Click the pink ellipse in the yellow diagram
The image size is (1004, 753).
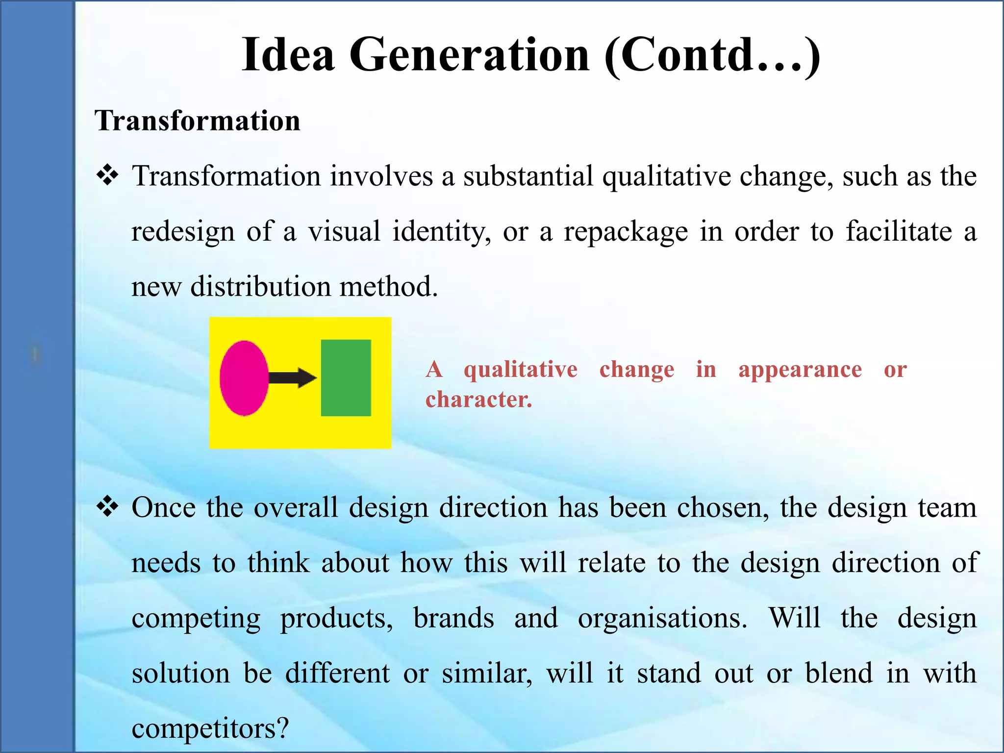coord(244,378)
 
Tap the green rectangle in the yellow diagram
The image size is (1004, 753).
coord(346,378)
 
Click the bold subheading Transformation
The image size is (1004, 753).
coord(198,121)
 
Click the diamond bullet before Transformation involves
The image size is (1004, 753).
coord(108,176)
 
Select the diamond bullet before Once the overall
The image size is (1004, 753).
coord(108,507)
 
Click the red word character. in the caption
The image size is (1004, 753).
coord(478,400)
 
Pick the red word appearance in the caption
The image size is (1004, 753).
coord(800,369)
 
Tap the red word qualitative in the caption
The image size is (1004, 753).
coord(521,369)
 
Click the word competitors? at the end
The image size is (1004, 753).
coord(210,728)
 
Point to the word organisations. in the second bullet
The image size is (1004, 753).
coord(662,618)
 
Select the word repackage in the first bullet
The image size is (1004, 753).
coord(626,232)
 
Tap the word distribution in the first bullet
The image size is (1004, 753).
coord(260,286)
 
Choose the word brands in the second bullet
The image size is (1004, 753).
coord(453,618)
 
